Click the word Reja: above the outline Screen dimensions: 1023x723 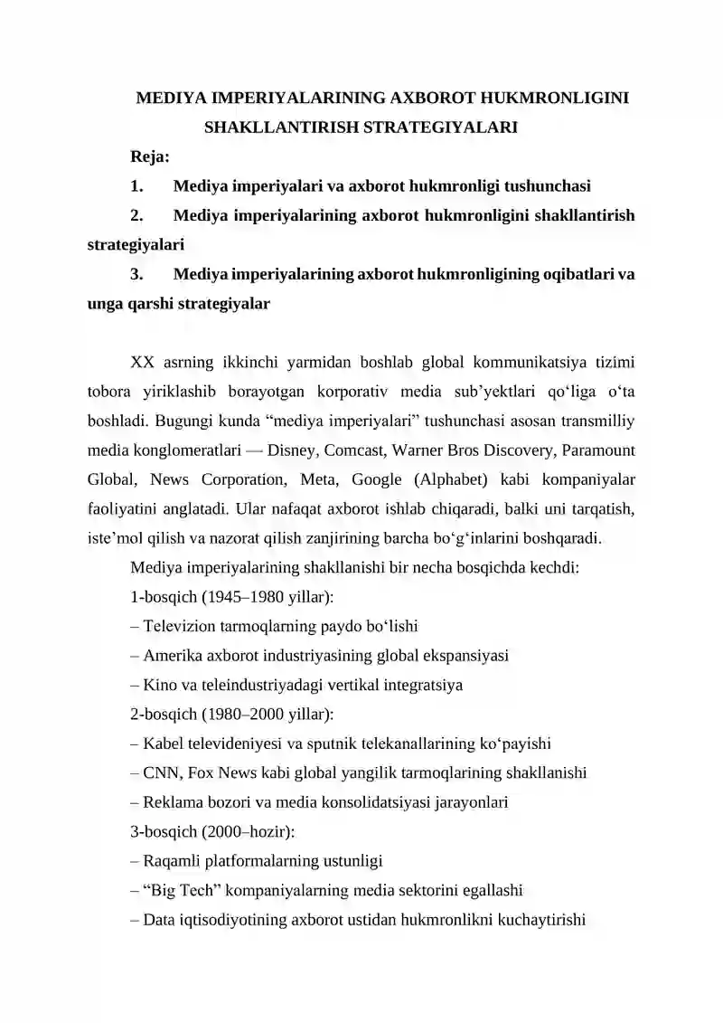[150, 157]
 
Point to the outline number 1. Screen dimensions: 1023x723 [137, 187]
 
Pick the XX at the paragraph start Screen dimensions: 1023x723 [142, 363]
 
